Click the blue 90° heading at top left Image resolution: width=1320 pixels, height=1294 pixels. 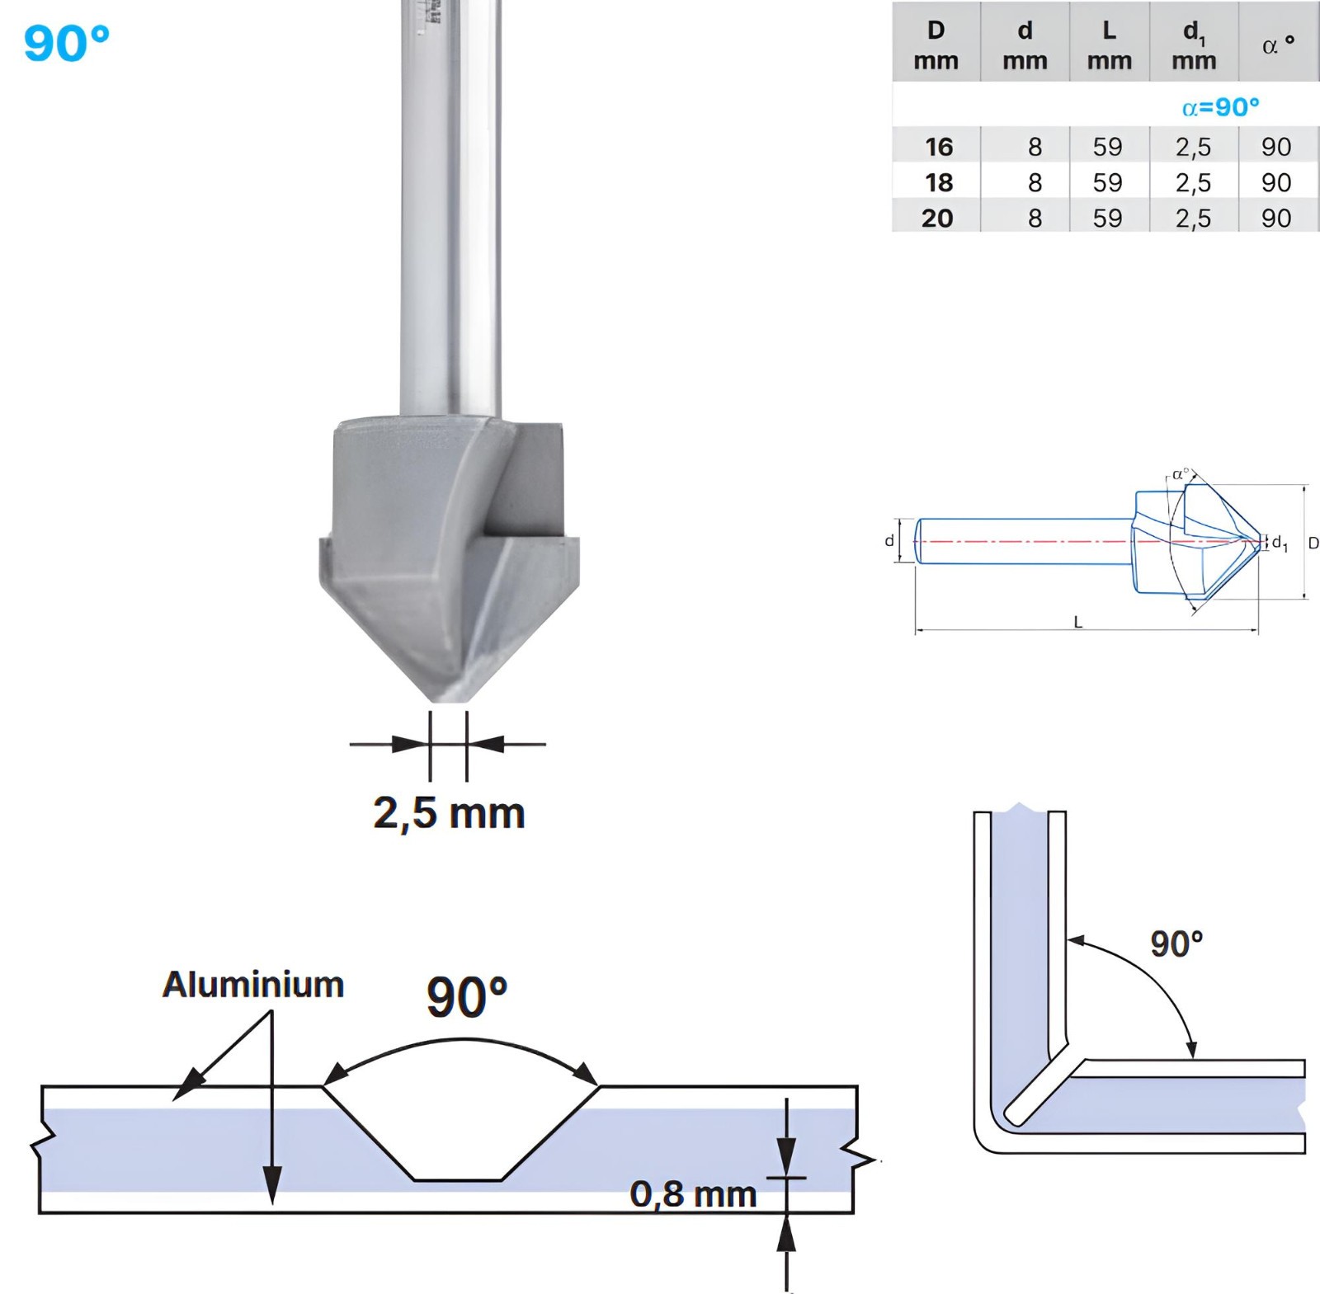point(66,43)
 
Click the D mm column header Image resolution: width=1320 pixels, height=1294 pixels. point(936,45)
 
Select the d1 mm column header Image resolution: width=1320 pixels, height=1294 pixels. point(1194,45)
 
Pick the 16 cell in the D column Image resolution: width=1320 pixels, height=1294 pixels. point(939,147)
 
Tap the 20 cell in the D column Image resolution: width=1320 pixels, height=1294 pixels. point(937,219)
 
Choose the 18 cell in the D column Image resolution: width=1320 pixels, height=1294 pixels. point(939,182)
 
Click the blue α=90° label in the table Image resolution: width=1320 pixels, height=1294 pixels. point(1220,107)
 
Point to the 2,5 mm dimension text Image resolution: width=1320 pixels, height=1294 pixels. point(449,814)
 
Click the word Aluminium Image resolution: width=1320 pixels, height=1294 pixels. point(253,985)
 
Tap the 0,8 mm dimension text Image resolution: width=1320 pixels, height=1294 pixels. point(693,1194)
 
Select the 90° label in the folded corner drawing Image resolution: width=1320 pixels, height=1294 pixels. point(1176,944)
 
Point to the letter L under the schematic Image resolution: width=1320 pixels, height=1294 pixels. point(1078,623)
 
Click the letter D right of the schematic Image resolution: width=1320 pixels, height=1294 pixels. point(1313,543)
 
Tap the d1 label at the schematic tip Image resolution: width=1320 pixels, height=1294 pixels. point(1280,543)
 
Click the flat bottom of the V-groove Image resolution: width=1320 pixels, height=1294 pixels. point(457,1180)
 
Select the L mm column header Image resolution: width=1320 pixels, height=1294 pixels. point(1109,45)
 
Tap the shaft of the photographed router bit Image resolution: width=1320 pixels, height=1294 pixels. point(450,206)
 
